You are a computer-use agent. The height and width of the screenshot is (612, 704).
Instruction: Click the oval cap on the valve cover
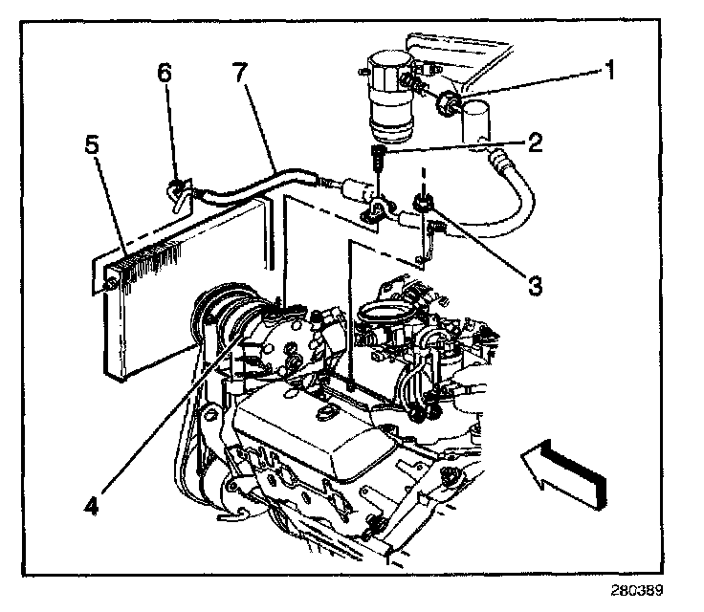pos(325,412)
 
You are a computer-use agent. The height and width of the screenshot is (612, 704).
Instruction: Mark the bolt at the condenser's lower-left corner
pos(111,284)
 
